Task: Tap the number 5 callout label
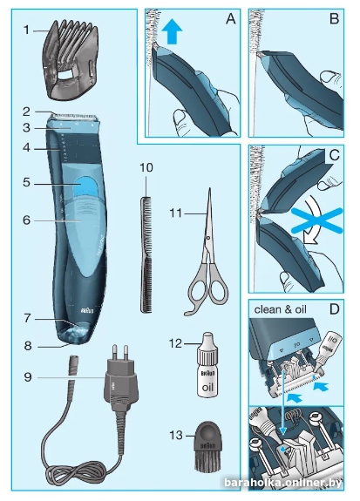[26, 183]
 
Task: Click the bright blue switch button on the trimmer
[85, 186]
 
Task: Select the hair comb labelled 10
[146, 254]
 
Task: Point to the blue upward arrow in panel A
[172, 34]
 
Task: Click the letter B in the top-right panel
[334, 18]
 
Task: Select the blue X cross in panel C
[316, 220]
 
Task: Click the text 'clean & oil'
[280, 309]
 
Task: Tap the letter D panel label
[335, 309]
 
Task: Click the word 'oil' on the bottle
[207, 387]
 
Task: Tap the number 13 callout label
[176, 435]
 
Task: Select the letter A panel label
[230, 18]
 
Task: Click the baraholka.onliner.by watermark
[283, 483]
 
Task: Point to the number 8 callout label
[28, 346]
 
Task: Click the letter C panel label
[334, 155]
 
